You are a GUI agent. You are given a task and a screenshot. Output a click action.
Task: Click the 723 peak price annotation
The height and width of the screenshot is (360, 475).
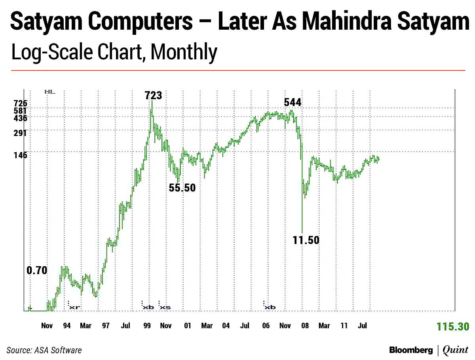coord(153,95)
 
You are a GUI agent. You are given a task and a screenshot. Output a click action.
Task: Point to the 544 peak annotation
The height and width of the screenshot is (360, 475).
coord(293,102)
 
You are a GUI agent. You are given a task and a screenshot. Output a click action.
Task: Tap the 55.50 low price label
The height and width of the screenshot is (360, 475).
coord(182,188)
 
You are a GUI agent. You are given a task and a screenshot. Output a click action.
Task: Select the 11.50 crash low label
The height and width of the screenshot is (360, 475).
coord(306,240)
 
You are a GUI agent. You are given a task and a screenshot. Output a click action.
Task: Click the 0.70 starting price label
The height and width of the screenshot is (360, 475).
coord(37,271)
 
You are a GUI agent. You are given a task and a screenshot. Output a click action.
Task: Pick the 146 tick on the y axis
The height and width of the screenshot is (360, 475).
coord(20,155)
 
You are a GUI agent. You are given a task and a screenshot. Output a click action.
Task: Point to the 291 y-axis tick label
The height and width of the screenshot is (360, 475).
coord(20,133)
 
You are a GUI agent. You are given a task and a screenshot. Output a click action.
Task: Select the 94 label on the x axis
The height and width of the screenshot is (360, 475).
coord(66,326)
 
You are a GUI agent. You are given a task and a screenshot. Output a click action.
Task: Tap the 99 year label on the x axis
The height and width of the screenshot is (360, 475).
coord(146,326)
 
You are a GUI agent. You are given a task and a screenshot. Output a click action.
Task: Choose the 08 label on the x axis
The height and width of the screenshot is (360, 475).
coord(305,326)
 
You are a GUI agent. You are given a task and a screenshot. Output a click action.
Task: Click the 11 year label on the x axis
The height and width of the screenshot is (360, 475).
coord(344,326)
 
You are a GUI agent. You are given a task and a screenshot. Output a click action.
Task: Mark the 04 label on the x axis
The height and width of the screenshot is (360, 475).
coord(226,326)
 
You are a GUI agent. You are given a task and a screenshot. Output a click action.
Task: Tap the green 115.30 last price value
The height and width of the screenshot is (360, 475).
coord(453,327)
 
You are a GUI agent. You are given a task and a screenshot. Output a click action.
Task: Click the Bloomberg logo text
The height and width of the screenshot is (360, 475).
coord(411,350)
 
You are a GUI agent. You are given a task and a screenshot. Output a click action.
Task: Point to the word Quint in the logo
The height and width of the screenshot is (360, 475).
coord(456,350)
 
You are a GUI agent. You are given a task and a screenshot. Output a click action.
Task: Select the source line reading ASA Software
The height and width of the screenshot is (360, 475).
coord(44,350)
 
